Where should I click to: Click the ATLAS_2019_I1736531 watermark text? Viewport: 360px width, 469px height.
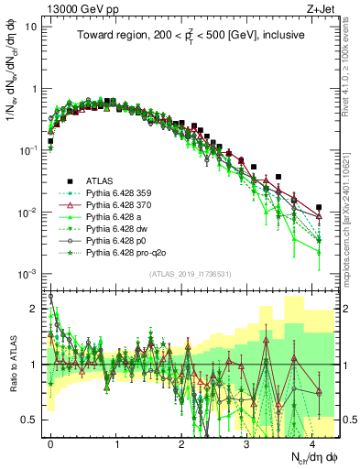coord(191,275)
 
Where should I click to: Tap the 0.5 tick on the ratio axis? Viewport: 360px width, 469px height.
coord(32,420)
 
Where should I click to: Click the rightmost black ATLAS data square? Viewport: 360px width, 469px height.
coord(318,208)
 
